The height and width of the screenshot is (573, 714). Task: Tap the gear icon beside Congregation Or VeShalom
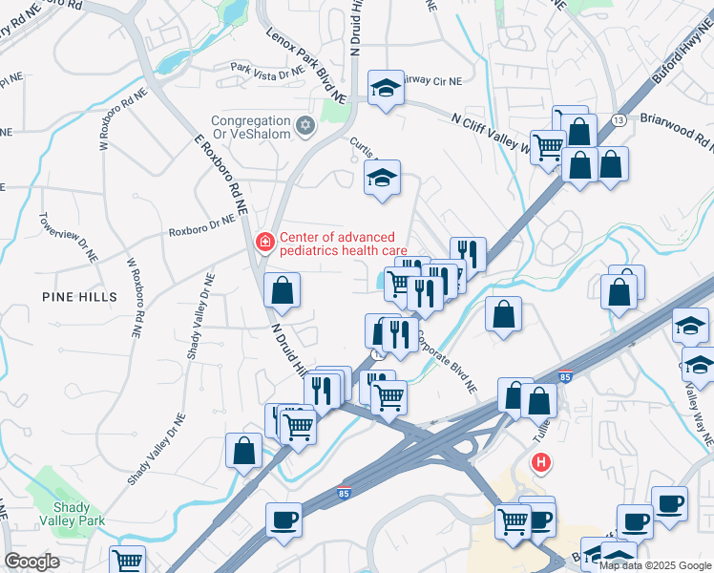(305, 124)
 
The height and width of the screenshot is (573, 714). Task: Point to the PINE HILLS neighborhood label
(80, 297)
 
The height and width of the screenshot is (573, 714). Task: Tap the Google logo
(32, 562)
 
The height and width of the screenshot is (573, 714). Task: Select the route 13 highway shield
(619, 119)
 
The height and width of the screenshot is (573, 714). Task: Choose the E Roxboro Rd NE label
(220, 173)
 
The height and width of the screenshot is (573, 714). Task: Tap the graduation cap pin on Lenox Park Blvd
(385, 91)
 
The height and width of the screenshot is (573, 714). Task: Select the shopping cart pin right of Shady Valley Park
(127, 562)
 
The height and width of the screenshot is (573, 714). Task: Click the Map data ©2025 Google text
(655, 565)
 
